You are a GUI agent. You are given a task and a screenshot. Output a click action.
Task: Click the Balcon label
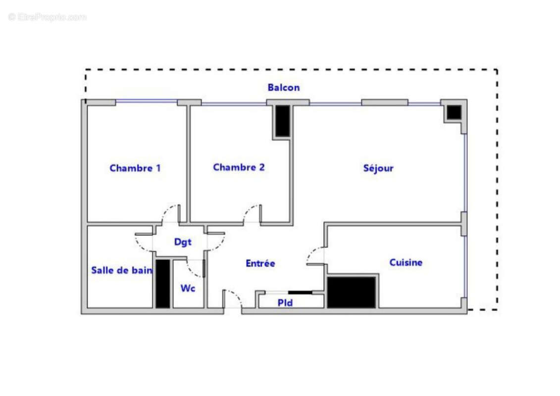pyautogui.click(x=283, y=88)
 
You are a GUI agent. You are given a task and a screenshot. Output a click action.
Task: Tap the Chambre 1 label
pyautogui.click(x=135, y=168)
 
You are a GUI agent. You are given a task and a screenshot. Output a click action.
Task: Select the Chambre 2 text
pyautogui.click(x=239, y=167)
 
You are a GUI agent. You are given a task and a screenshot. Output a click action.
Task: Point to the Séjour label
pyautogui.click(x=378, y=168)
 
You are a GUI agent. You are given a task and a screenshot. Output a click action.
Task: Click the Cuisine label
pyautogui.click(x=406, y=262)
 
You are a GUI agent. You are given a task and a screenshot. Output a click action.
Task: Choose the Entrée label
pyautogui.click(x=260, y=264)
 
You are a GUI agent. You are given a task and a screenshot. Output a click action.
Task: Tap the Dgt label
pyautogui.click(x=182, y=242)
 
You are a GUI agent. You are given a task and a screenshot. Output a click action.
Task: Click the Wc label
pyautogui.click(x=187, y=288)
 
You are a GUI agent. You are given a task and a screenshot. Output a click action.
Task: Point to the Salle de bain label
pyautogui.click(x=122, y=270)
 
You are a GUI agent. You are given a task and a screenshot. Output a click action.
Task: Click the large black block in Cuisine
pyautogui.click(x=352, y=292)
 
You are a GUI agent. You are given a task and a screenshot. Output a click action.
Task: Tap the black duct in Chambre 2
pyautogui.click(x=282, y=121)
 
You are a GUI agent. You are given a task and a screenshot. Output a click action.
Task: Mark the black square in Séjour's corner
pyautogui.click(x=454, y=113)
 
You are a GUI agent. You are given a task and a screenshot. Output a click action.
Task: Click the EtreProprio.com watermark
pyautogui.click(x=47, y=17)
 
